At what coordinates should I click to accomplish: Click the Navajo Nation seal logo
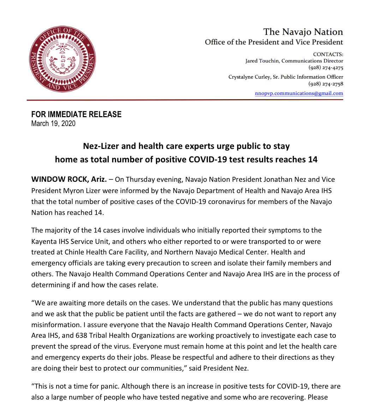point(62,59)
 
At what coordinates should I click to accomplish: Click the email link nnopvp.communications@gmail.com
point(299,94)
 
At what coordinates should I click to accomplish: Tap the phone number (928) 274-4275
point(326,68)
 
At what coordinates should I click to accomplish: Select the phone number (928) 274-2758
point(326,84)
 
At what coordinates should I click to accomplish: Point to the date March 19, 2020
point(53,124)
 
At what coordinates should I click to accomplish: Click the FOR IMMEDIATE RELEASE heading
point(76,114)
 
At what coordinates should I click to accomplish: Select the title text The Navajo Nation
point(303,32)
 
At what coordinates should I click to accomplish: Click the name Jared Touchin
point(262,61)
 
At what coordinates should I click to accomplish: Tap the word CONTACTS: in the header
point(328,54)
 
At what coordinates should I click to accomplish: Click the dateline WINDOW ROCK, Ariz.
point(69,179)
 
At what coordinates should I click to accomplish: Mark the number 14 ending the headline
point(312,160)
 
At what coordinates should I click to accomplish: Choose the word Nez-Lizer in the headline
point(100,146)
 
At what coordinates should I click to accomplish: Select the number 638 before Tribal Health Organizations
point(81,336)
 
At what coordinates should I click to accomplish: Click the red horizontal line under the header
point(185,100)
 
